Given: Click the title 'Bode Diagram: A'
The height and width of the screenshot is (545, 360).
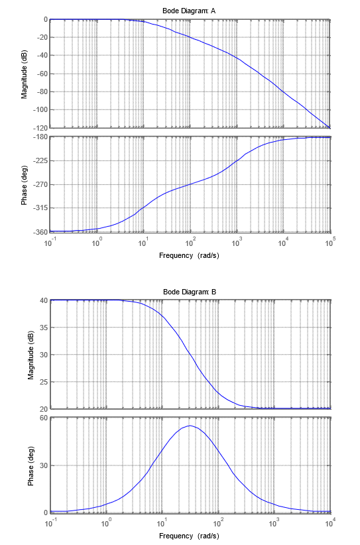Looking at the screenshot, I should click(x=190, y=10).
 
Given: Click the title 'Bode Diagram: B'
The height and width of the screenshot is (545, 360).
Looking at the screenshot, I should click(x=190, y=292).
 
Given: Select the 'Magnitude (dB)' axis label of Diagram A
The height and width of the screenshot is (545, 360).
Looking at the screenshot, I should click(x=25, y=74).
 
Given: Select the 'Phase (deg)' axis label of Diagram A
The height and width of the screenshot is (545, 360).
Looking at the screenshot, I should click(x=25, y=185).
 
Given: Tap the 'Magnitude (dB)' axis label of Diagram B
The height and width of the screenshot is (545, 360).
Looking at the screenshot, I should click(x=31, y=355).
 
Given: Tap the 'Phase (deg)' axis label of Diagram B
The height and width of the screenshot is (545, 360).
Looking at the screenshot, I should click(x=31, y=466).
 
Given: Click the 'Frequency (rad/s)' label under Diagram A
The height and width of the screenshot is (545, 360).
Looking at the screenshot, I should click(x=189, y=255).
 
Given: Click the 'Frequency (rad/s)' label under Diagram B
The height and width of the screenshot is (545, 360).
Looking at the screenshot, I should click(x=189, y=536).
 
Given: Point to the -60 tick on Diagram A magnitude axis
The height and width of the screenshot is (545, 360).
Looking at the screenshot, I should click(x=39, y=74).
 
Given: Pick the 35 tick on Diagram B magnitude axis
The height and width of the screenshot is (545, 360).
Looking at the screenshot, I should click(x=43, y=328).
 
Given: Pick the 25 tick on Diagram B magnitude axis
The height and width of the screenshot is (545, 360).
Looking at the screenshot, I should click(x=43, y=382).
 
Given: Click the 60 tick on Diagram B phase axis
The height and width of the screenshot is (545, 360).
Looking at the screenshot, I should click(x=43, y=418).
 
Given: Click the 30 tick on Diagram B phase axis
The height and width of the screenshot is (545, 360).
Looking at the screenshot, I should click(x=43, y=465).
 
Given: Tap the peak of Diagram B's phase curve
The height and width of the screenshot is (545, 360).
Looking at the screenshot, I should click(x=190, y=426).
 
